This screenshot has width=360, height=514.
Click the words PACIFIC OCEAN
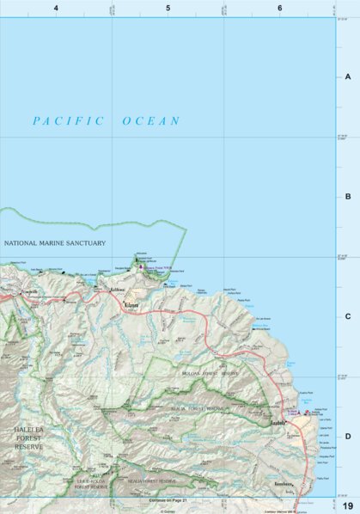pyautogui.click(x=107, y=121)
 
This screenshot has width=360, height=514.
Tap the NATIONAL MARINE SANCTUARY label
pyautogui.click(x=55, y=243)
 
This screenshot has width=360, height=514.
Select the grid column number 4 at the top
pyautogui.click(x=56, y=8)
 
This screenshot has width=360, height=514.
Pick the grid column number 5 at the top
pyautogui.click(x=168, y=8)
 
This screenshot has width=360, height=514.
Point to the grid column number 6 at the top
pyautogui.click(x=280, y=8)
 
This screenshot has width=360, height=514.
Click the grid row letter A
pyautogui.click(x=348, y=76)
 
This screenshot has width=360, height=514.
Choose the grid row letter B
pyautogui.click(x=348, y=197)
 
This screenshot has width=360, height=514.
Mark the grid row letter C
pyautogui.click(x=348, y=316)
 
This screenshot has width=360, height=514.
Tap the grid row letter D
pyautogui.click(x=348, y=436)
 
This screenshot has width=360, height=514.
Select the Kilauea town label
pyautogui.click(x=131, y=304)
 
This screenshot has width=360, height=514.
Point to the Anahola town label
pyautogui.click(x=280, y=423)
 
